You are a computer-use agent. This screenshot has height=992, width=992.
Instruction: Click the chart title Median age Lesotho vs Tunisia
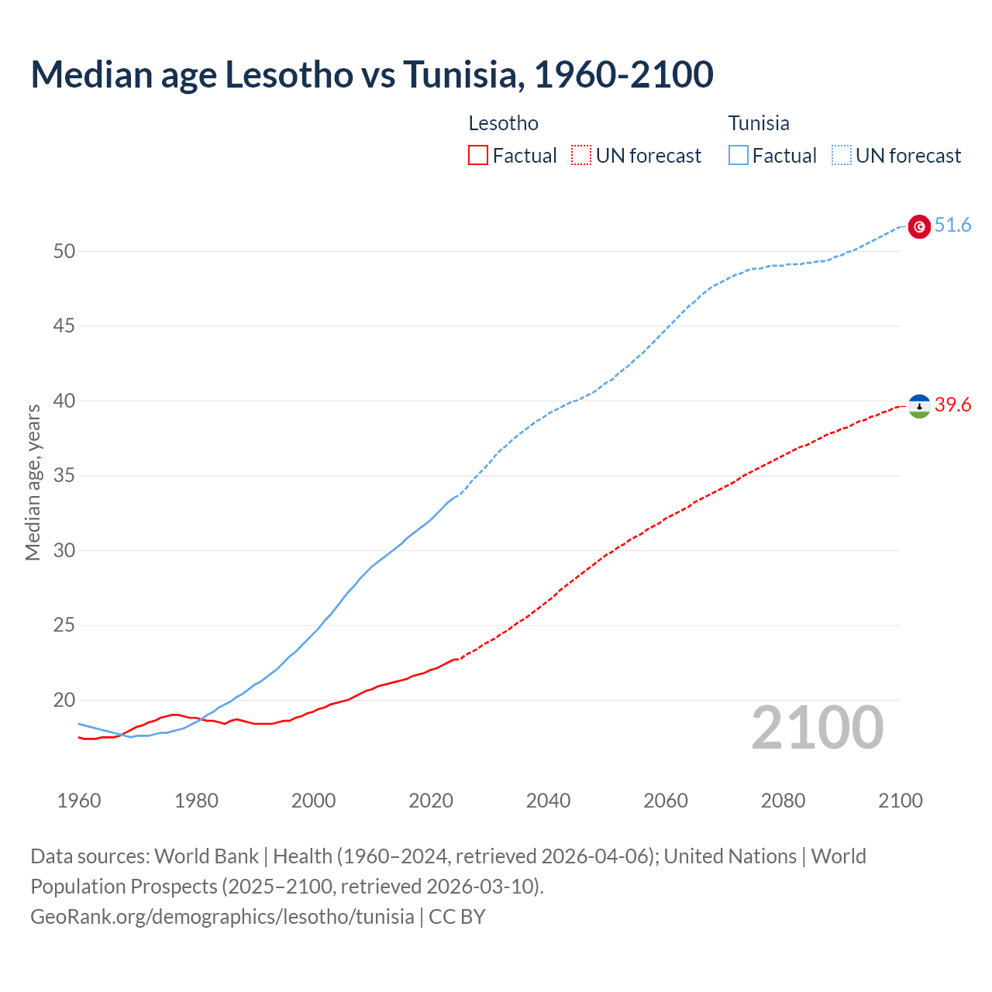[x=371, y=75]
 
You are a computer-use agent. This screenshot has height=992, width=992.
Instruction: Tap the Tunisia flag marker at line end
[x=919, y=226]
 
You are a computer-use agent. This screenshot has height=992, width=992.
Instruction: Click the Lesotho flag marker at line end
[x=919, y=406]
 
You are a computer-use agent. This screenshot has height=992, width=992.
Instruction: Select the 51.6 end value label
[x=952, y=226]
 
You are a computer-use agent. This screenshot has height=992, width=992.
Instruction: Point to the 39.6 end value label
[x=952, y=405]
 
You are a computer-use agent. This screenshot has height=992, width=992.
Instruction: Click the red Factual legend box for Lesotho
[x=478, y=156]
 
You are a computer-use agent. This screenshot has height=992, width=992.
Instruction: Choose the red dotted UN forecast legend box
[x=581, y=156]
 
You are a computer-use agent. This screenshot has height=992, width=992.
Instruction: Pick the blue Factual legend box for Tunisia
[x=739, y=156]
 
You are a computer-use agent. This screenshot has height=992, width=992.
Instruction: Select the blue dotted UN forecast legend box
[x=842, y=156]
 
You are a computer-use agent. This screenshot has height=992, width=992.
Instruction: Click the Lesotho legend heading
[x=503, y=123]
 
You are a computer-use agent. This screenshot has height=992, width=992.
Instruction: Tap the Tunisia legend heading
[x=759, y=123]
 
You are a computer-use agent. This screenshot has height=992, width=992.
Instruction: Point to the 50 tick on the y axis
[x=64, y=251]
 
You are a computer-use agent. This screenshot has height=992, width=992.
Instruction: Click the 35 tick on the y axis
[x=64, y=476]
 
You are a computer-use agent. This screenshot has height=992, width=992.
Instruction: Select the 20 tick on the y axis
[x=64, y=701]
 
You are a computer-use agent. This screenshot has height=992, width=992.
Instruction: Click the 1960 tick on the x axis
[x=79, y=801]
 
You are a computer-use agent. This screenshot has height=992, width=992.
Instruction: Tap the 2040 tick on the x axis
[x=549, y=801]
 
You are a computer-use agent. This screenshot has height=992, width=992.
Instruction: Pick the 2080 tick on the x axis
[x=784, y=801]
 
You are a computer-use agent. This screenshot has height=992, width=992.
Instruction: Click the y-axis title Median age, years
[x=33, y=482]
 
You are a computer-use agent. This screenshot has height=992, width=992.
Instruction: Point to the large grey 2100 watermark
[x=818, y=728]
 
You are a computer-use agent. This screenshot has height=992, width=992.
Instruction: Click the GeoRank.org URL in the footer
[x=222, y=917]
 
